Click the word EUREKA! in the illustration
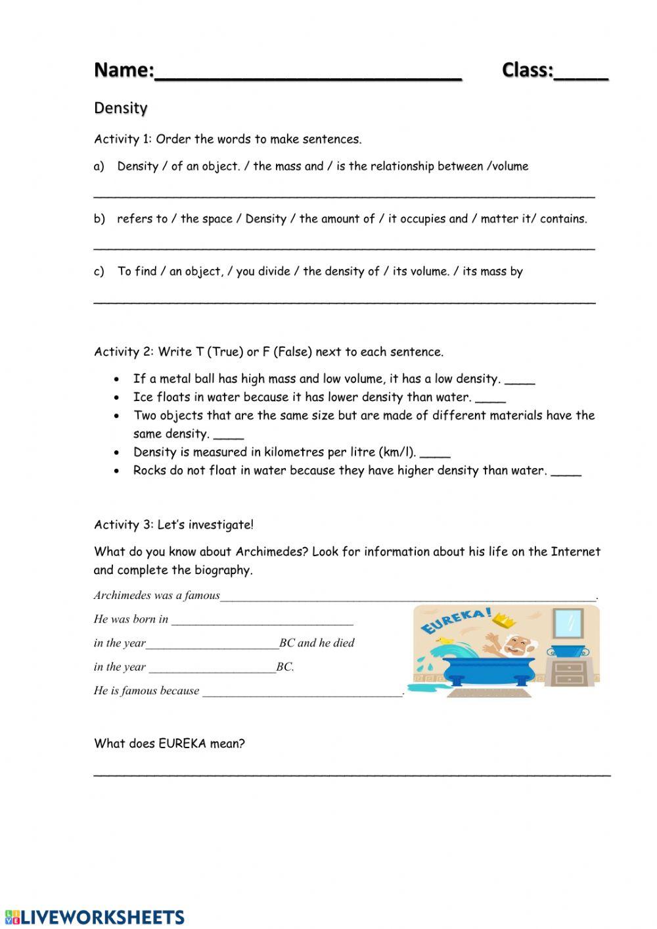(x=455, y=621)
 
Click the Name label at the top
(x=124, y=70)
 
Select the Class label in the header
(x=528, y=70)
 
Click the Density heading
(x=121, y=108)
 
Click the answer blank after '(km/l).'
(x=435, y=454)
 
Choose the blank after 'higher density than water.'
(x=566, y=472)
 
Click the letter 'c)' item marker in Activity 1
(x=99, y=272)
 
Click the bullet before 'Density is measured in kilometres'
(x=117, y=452)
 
